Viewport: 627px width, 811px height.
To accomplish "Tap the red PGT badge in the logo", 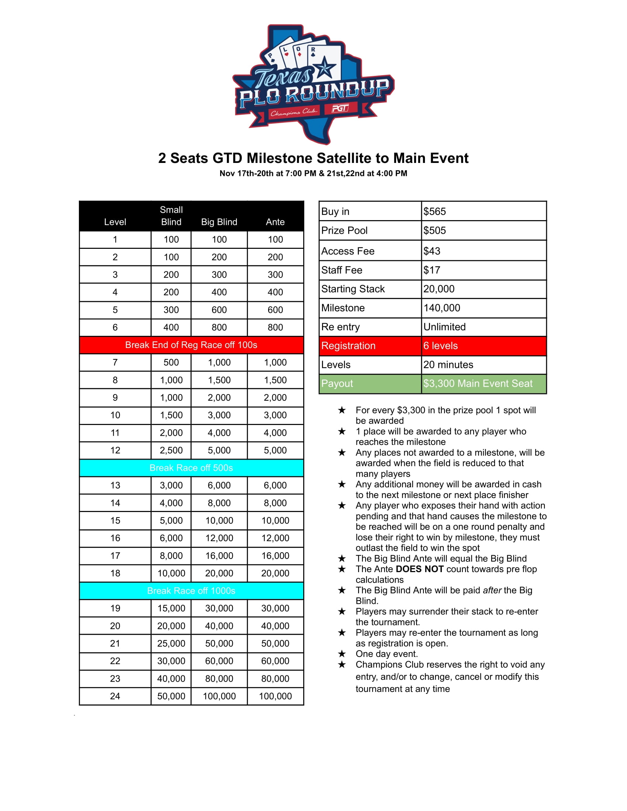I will pos(340,108).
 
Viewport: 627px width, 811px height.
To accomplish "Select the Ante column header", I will pos(275,222).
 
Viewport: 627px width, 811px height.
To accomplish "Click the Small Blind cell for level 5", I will pos(171,310).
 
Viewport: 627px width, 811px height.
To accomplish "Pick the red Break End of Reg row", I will pos(191,345).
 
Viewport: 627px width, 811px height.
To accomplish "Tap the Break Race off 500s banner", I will pos(191,468).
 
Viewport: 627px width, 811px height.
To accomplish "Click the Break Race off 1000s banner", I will pos(191,591).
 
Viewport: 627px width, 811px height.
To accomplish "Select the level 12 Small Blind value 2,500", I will pos(171,450).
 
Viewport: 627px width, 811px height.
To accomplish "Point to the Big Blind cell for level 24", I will pos(219,696).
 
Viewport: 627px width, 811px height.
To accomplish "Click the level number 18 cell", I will pos(115,573).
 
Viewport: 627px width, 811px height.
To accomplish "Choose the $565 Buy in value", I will pos(435,212).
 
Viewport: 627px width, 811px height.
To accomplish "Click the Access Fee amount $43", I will pos(432,251).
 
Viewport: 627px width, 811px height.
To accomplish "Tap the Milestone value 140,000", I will pos(442,308).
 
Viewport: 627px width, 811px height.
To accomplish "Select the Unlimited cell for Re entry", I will pos(445,327).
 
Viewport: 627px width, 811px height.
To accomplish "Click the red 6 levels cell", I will pos(441,346).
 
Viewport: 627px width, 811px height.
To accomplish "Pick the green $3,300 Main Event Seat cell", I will pos(478,384).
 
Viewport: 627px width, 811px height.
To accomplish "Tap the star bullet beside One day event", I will pos(342,654).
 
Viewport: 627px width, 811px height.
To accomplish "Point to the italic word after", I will pos(492,591).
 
